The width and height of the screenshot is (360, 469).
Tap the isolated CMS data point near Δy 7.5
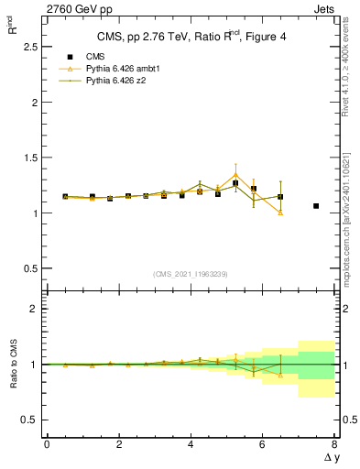(316, 206)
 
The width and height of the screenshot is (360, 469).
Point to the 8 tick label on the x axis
(334, 444)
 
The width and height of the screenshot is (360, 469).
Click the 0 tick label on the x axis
(47, 444)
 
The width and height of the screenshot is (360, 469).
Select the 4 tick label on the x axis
(191, 444)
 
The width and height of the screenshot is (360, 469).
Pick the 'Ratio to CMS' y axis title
(12, 365)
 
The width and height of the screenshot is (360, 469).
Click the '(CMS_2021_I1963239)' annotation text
(191, 274)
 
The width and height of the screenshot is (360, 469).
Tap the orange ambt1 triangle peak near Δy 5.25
(235, 174)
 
